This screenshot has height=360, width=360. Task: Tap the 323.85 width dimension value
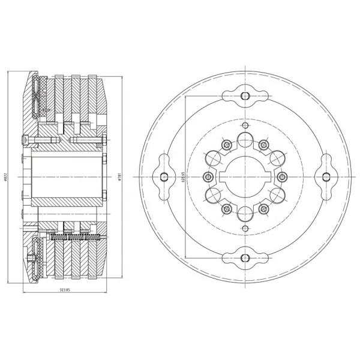65,290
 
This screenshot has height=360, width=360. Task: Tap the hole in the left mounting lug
163,176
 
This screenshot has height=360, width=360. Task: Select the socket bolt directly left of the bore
208,176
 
